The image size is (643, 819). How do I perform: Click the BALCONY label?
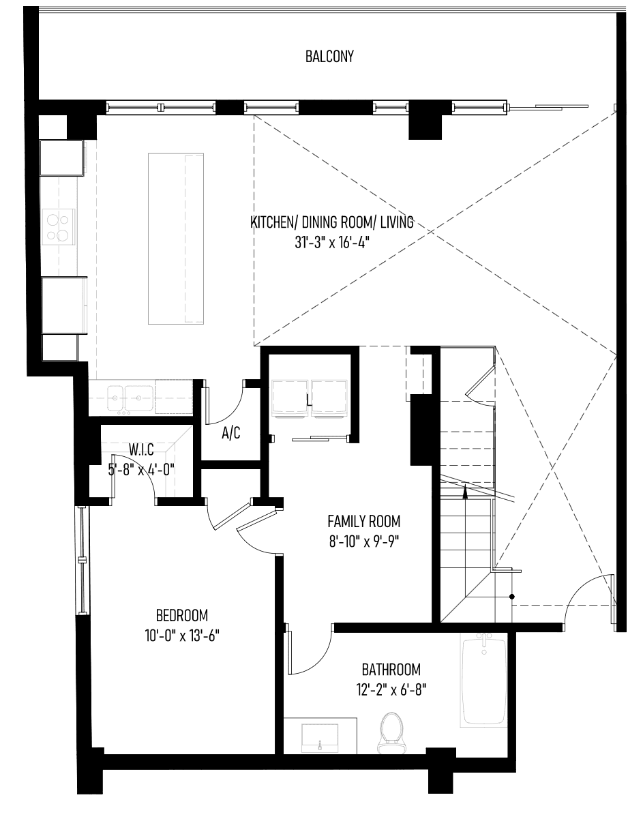pos(329,57)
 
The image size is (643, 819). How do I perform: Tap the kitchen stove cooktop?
pos(59,227)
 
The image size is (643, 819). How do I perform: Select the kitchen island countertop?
pos(175,239)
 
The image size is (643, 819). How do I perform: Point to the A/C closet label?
pos(231,433)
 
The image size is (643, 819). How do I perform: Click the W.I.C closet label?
pos(141,449)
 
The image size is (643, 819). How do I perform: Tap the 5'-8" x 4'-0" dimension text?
pos(142,470)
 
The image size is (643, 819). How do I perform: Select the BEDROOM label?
pos(182,615)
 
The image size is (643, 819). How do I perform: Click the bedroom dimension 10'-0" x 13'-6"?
pos(182,636)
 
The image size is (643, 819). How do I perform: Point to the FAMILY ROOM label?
pos(363,521)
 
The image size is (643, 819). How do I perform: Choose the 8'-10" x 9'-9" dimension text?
pos(363,542)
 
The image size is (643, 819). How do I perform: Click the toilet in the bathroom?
pos(392,734)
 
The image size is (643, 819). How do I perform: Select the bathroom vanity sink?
pos(320,737)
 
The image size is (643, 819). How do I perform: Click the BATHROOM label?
pos(391,670)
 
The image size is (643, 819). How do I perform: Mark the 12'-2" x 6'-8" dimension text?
pos(391,691)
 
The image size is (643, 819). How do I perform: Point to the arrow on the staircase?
pos(466,492)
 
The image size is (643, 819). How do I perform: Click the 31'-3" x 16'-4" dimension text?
pos(331,242)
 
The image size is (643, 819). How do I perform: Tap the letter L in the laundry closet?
pos(310,400)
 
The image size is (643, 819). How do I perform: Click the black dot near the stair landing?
pos(512,597)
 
